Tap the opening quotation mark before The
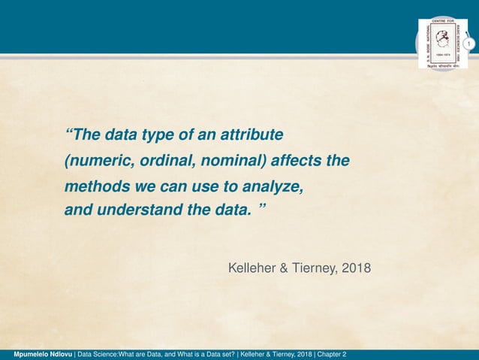coord(70,134)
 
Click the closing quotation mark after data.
coord(261,207)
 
